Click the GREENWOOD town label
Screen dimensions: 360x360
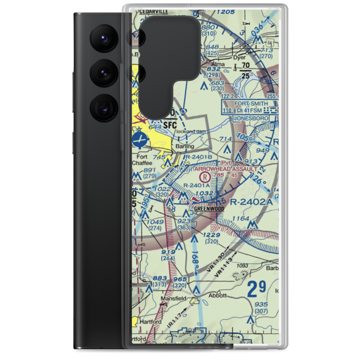pos(209,209)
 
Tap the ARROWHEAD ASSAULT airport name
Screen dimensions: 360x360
pos(226,168)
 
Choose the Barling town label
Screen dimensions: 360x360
pos(185,147)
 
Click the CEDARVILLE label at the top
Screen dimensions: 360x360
pos(154,12)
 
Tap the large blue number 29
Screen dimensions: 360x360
pos(257,289)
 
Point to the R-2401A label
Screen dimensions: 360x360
pos(196,185)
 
